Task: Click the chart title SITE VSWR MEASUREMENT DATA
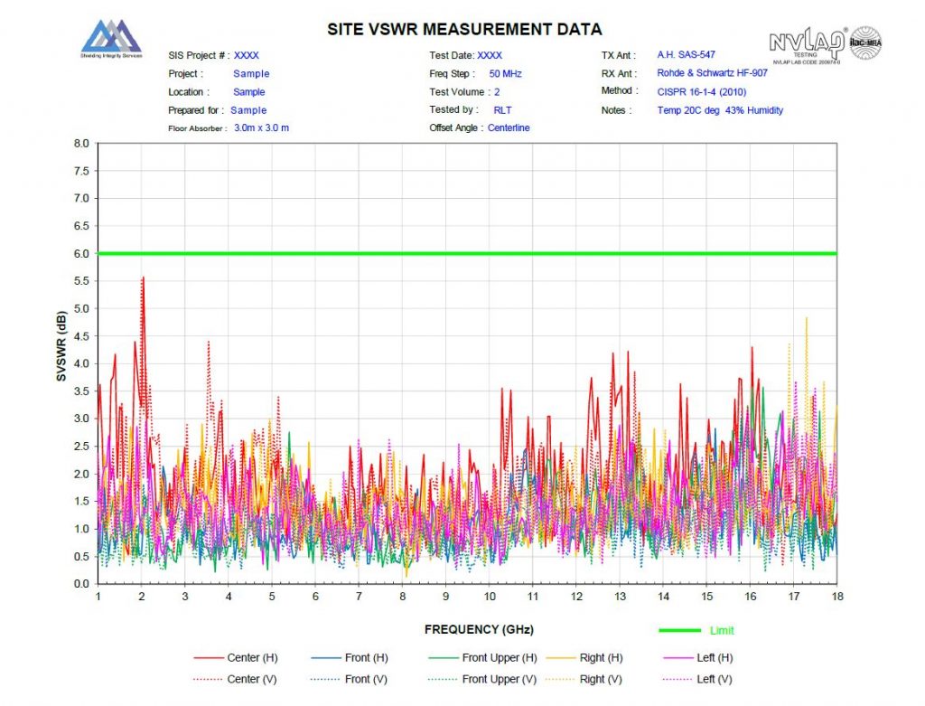464,30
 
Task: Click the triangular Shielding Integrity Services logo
111,37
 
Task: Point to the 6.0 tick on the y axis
81,254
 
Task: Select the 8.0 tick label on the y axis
81,144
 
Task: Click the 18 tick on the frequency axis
836,598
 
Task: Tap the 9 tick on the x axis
445,598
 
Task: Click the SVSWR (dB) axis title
61,362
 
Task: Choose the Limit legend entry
722,630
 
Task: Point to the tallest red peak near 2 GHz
143,278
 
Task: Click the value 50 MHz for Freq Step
505,73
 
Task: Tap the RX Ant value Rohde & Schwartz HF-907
712,73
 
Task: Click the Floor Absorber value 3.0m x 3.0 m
261,127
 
